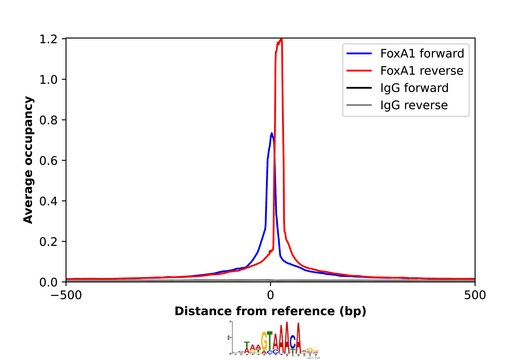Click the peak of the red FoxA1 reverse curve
(281, 40)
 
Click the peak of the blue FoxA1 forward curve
(271, 133)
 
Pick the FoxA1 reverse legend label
(419, 71)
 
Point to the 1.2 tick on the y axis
(48, 39)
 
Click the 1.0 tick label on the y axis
(48, 79)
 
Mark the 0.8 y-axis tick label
(48, 120)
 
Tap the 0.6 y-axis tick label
(48, 160)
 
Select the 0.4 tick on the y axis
(48, 201)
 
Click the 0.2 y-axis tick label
(48, 241)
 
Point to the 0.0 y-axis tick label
(48, 282)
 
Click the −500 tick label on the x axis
(66, 296)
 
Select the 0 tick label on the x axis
(270, 296)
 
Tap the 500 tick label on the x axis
(474, 296)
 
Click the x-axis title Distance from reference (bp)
(270, 312)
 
